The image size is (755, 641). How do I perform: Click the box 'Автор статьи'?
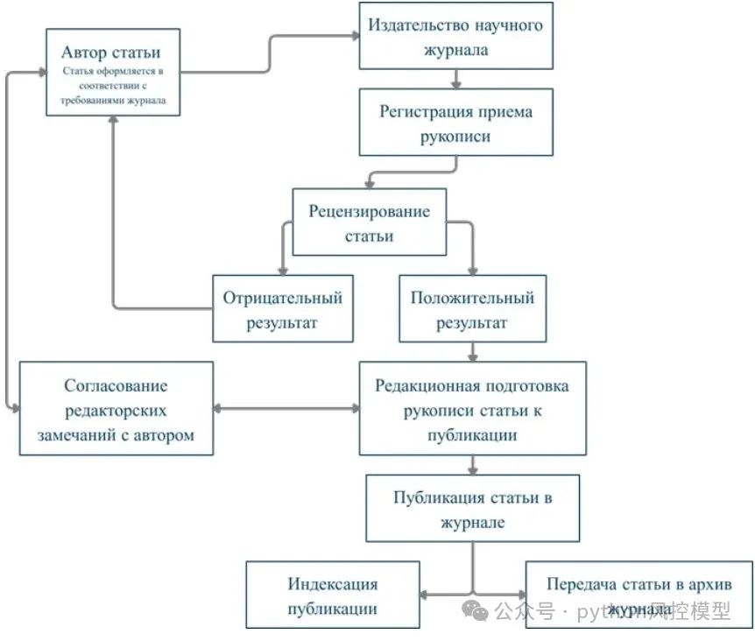tap(113, 72)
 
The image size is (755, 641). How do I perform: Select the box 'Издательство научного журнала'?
tap(456, 36)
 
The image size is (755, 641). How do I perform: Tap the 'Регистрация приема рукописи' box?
tap(456, 123)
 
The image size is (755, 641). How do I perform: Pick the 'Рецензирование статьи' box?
tap(369, 223)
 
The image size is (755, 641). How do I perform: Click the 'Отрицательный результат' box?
tap(282, 309)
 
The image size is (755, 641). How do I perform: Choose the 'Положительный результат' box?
tap(472, 309)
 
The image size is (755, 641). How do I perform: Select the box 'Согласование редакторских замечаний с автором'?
tap(116, 409)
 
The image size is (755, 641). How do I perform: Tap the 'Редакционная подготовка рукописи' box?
tap(472, 410)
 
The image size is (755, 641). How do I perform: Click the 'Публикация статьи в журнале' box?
tap(472, 509)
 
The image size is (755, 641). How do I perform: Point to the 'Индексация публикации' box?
tap(332, 595)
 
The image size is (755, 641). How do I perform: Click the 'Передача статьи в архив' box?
tap(639, 595)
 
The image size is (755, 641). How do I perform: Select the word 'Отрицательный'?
tap(282, 298)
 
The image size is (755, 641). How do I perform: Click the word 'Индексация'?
tap(332, 584)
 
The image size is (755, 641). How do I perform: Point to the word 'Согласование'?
tap(116, 386)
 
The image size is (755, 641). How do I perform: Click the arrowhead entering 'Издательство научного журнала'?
tap(355, 36)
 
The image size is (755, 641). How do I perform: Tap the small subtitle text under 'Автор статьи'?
tap(113, 86)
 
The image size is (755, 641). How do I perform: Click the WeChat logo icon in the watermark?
tap(476, 610)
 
